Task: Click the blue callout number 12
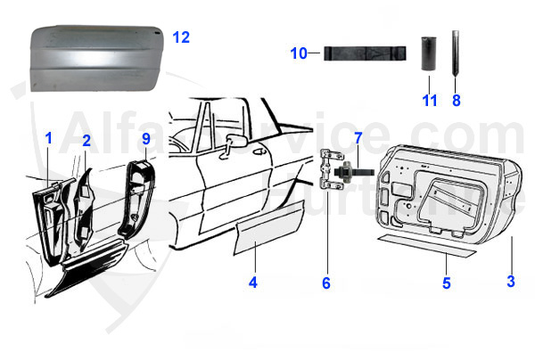pos(181,37)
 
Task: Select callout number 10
pos(299,53)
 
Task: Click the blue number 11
pos(430,101)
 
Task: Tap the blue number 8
pos(456,101)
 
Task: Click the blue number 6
pos(326,283)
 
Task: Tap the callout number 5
pos(447,283)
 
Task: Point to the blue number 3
pos(511,282)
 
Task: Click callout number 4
pos(253,284)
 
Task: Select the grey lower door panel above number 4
pos(267,228)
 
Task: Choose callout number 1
pos(49,138)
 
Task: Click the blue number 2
pos(86,141)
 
